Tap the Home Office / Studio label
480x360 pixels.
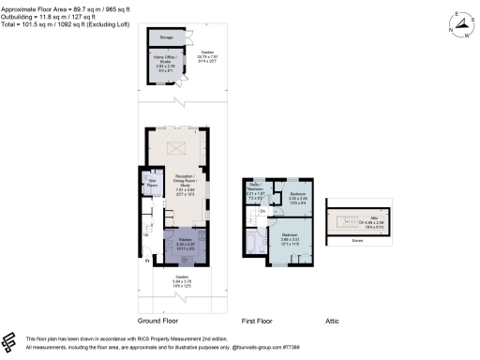[x=164, y=63]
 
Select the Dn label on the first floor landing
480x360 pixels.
[x=262, y=213]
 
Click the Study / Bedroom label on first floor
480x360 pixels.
[x=255, y=192]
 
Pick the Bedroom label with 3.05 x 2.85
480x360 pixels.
[x=297, y=198]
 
